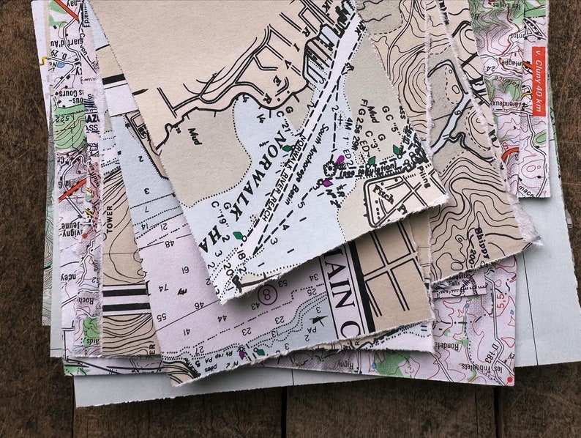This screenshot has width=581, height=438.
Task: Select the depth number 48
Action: tap(170, 244)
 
